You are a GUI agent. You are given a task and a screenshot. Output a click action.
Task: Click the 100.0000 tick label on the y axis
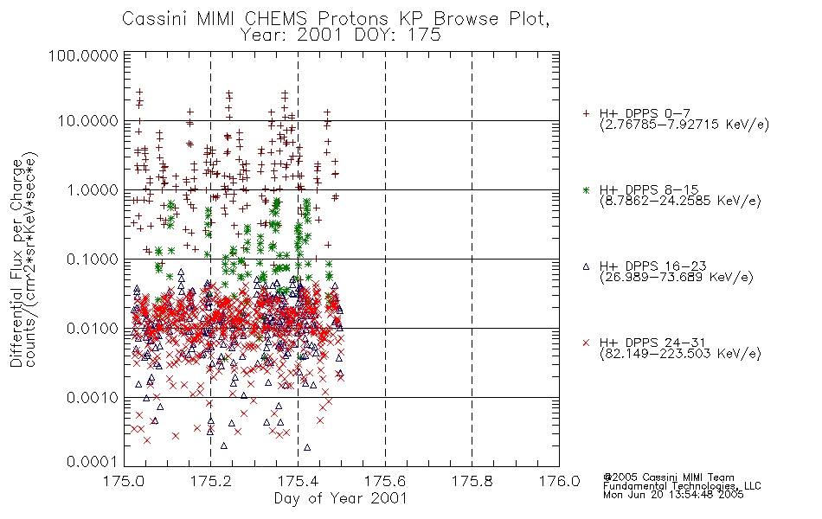[x=83, y=55]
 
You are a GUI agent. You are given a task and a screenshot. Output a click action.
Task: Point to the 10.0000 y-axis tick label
[x=87, y=121]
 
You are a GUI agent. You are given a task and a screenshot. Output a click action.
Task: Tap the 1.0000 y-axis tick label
[x=93, y=189]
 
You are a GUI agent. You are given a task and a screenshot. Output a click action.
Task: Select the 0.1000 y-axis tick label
[x=93, y=259]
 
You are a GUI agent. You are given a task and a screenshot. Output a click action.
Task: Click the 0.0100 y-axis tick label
[x=93, y=329]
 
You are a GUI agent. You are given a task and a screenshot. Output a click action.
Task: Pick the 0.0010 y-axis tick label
[x=93, y=398]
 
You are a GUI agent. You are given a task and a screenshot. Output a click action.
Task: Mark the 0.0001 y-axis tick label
[x=93, y=461]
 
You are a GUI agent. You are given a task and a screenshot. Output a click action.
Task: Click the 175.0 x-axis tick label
[x=124, y=481]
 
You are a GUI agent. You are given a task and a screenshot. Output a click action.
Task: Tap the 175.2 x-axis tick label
[x=211, y=481]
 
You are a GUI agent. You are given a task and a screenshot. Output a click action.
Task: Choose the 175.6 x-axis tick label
[x=385, y=481]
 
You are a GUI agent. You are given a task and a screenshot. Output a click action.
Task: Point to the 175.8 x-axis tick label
[x=472, y=481]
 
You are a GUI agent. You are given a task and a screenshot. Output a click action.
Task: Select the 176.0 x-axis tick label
[x=559, y=481]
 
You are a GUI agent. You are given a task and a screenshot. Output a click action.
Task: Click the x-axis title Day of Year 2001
[x=341, y=498]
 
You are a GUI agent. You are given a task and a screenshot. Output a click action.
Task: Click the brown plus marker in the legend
[x=586, y=113]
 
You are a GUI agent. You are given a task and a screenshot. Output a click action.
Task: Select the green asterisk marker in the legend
[x=586, y=189]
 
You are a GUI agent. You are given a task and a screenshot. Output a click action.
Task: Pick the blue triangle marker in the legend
[x=586, y=266]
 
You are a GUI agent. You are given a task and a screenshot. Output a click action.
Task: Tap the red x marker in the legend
[x=586, y=343]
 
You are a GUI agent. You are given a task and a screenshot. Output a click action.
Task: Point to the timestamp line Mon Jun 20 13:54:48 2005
[x=673, y=495]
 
